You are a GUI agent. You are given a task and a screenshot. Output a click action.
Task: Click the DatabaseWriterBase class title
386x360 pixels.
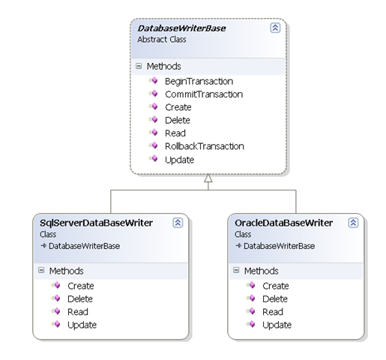pyautogui.click(x=181, y=28)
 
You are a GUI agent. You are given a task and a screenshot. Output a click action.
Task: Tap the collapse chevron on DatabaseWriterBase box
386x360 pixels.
pyautogui.click(x=275, y=28)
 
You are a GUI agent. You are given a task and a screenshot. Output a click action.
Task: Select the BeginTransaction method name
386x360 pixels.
pyautogui.click(x=199, y=82)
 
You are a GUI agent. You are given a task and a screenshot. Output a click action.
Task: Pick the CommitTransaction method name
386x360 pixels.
pyautogui.click(x=204, y=94)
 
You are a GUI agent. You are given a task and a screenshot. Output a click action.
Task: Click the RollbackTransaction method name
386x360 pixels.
pyautogui.click(x=205, y=146)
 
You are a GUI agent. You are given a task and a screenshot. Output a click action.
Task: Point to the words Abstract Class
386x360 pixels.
pyautogui.click(x=162, y=40)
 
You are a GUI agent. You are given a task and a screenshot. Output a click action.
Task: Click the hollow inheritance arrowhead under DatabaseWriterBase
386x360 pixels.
pyautogui.click(x=208, y=178)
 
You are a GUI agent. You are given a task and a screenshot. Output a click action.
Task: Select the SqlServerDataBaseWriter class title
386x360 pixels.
pyautogui.click(x=96, y=223)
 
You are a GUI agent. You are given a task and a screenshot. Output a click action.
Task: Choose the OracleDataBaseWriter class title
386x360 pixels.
pyautogui.click(x=283, y=223)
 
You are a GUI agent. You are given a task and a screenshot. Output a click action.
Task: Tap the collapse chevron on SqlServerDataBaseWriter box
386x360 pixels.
pyautogui.click(x=178, y=223)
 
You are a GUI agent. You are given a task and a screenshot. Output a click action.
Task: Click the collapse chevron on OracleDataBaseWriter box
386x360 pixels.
pyautogui.click(x=353, y=223)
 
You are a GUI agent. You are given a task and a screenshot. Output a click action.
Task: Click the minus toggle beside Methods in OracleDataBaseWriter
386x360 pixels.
pyautogui.click(x=236, y=270)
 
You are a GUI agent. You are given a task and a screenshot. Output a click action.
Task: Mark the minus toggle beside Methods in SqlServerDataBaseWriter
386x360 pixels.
pyautogui.click(x=41, y=270)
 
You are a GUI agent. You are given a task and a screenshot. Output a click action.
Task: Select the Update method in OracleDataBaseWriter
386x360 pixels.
pyautogui.click(x=277, y=325)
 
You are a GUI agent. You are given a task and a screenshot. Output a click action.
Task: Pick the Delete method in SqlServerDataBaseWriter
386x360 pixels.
pyautogui.click(x=80, y=299)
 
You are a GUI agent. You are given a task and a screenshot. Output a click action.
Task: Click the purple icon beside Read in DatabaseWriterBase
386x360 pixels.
pyautogui.click(x=154, y=132)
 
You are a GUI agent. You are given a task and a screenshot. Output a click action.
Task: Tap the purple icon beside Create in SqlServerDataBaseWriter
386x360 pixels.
pyautogui.click(x=56, y=285)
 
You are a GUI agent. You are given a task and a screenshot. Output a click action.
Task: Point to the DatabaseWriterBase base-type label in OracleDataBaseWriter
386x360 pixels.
pyautogui.click(x=279, y=246)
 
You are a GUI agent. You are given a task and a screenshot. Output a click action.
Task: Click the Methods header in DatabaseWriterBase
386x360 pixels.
pyautogui.click(x=163, y=67)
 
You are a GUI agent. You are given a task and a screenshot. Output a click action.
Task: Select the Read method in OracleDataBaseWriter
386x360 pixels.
pyautogui.click(x=273, y=312)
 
